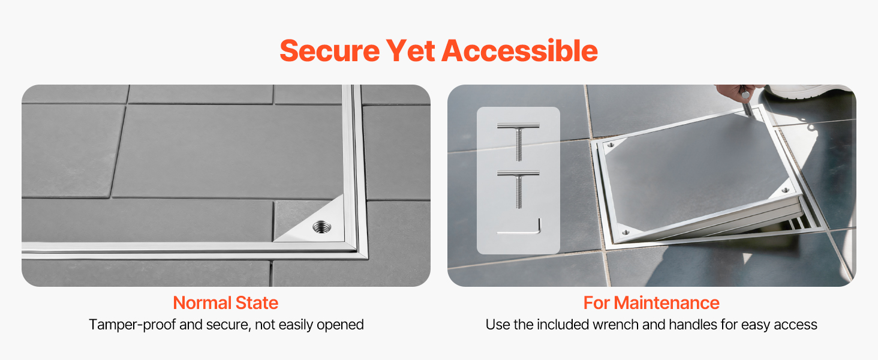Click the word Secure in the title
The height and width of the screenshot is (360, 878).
330,51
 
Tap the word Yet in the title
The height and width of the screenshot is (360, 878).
410,51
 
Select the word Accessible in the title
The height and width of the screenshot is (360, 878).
520,51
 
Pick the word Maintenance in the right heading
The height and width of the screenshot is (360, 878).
666,303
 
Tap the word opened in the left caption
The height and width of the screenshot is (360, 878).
340,325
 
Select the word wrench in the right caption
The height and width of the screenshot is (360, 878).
615,325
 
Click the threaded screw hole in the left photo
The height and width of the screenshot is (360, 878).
322,227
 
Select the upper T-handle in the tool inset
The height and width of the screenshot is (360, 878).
518,142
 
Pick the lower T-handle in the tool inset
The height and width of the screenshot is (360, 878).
518,189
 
